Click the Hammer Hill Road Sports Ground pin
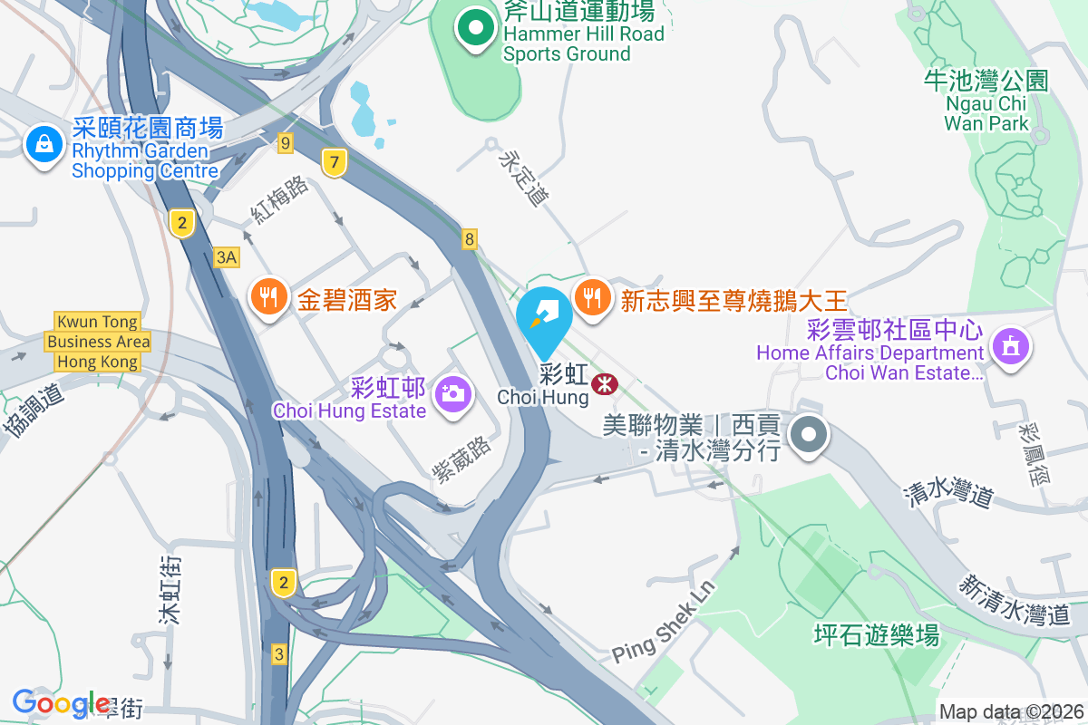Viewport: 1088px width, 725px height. [473, 29]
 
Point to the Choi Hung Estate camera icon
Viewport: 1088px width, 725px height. [451, 393]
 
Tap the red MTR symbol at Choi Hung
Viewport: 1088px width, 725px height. [602, 385]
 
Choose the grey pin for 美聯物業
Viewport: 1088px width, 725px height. [808, 436]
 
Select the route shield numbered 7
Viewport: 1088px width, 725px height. [335, 163]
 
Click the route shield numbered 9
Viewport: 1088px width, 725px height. [286, 142]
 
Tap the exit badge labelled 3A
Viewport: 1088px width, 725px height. [227, 257]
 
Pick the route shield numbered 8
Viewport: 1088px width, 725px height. [469, 239]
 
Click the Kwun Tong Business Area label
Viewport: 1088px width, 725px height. [98, 342]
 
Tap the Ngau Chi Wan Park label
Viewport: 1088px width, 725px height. [986, 101]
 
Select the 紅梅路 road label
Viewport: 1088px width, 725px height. [281, 200]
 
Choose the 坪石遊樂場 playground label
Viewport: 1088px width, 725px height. [874, 634]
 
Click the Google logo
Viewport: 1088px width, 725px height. [62, 703]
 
